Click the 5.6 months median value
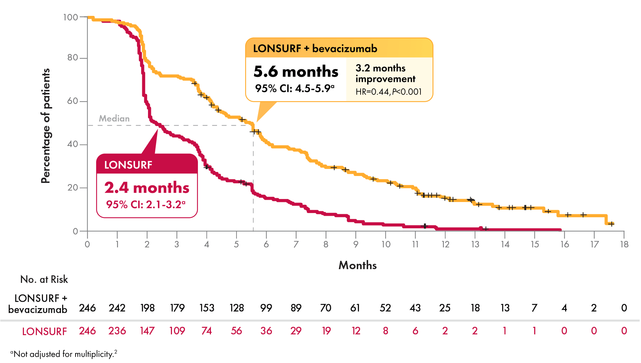point(296,72)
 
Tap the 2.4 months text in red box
point(147,188)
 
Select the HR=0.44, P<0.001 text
point(388,92)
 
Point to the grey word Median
point(114,118)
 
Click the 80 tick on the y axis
point(73,58)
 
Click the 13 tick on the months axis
point(475,245)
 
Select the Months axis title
point(358,265)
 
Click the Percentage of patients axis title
point(46,126)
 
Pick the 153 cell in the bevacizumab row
point(207,308)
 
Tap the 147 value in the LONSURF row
point(147,331)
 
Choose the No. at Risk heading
point(44,279)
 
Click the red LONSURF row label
point(44,332)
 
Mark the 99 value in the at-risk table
point(266,308)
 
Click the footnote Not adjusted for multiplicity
point(64,354)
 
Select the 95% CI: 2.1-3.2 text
point(145,204)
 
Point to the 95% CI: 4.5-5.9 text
point(294,89)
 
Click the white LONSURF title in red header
point(128,165)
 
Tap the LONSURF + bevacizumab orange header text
point(315,49)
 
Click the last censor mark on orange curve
point(611,224)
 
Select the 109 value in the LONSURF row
point(177,331)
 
